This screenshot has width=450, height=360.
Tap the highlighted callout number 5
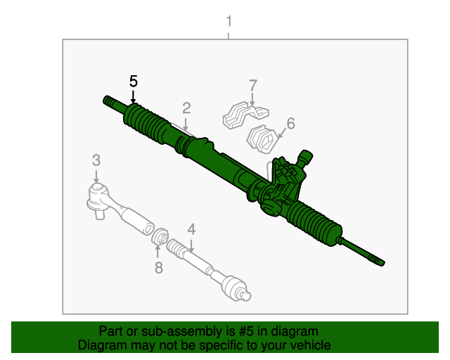coord(134,81)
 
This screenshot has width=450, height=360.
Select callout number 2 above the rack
coord(186,108)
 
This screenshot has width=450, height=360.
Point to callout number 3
coord(96,160)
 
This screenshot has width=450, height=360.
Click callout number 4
coord(191,229)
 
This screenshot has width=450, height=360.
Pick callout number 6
coord(290,123)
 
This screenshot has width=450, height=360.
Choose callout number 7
coord(252,86)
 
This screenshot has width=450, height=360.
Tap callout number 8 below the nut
coord(158,267)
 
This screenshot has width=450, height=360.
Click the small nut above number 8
coord(160,236)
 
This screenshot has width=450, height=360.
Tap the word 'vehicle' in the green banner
coord(310,345)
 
